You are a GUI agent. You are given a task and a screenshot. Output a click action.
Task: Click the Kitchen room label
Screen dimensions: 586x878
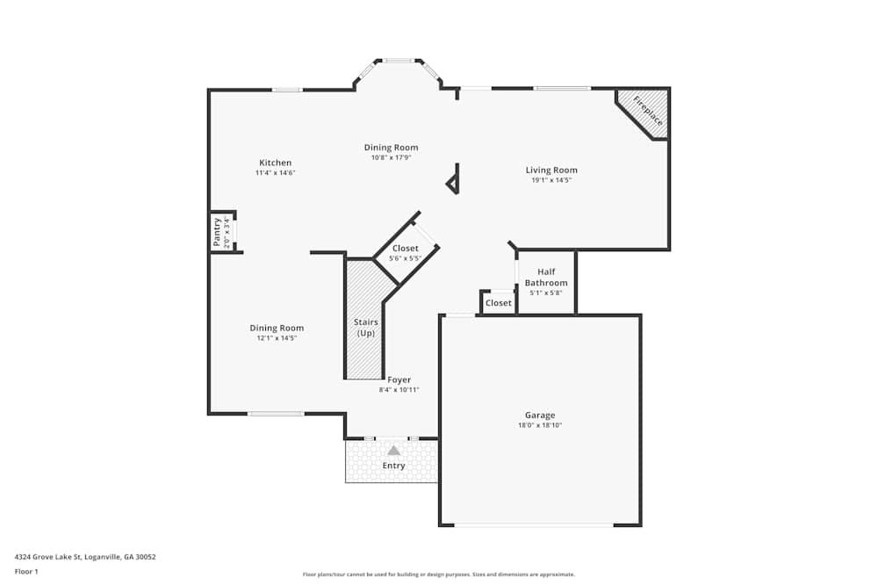[275, 163]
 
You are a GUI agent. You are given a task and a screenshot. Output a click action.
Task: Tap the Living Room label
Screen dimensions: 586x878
[551, 170]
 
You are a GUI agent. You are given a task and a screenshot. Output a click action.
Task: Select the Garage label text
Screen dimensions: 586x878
[540, 415]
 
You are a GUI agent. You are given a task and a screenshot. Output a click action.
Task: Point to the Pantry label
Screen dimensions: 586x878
[218, 233]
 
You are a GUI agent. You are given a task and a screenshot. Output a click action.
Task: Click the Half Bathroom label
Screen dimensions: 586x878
[546, 278]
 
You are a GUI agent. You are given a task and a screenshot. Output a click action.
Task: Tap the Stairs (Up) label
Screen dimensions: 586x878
[366, 328]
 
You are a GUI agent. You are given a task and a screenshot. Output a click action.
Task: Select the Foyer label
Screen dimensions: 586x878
[399, 380]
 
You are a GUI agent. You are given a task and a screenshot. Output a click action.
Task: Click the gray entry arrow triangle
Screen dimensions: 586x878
[394, 450]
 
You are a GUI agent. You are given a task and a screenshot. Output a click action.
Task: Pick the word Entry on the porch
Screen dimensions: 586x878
[394, 466]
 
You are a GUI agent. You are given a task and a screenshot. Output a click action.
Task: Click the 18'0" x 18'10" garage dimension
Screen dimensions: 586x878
[540, 425]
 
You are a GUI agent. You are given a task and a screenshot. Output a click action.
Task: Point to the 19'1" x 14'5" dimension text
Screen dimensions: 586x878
[551, 180]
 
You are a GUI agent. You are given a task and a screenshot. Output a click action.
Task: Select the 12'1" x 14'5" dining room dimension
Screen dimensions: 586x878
[277, 338]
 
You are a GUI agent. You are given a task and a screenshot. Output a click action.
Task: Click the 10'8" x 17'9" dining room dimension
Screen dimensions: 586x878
[392, 158]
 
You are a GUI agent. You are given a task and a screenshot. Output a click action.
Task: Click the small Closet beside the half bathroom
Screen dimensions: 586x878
[499, 303]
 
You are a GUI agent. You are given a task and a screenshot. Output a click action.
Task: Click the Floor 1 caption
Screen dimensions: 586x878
[26, 571]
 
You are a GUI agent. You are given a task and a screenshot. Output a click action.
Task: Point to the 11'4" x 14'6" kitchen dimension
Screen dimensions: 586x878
[275, 173]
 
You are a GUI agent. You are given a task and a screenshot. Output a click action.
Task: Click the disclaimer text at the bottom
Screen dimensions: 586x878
[439, 575]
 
